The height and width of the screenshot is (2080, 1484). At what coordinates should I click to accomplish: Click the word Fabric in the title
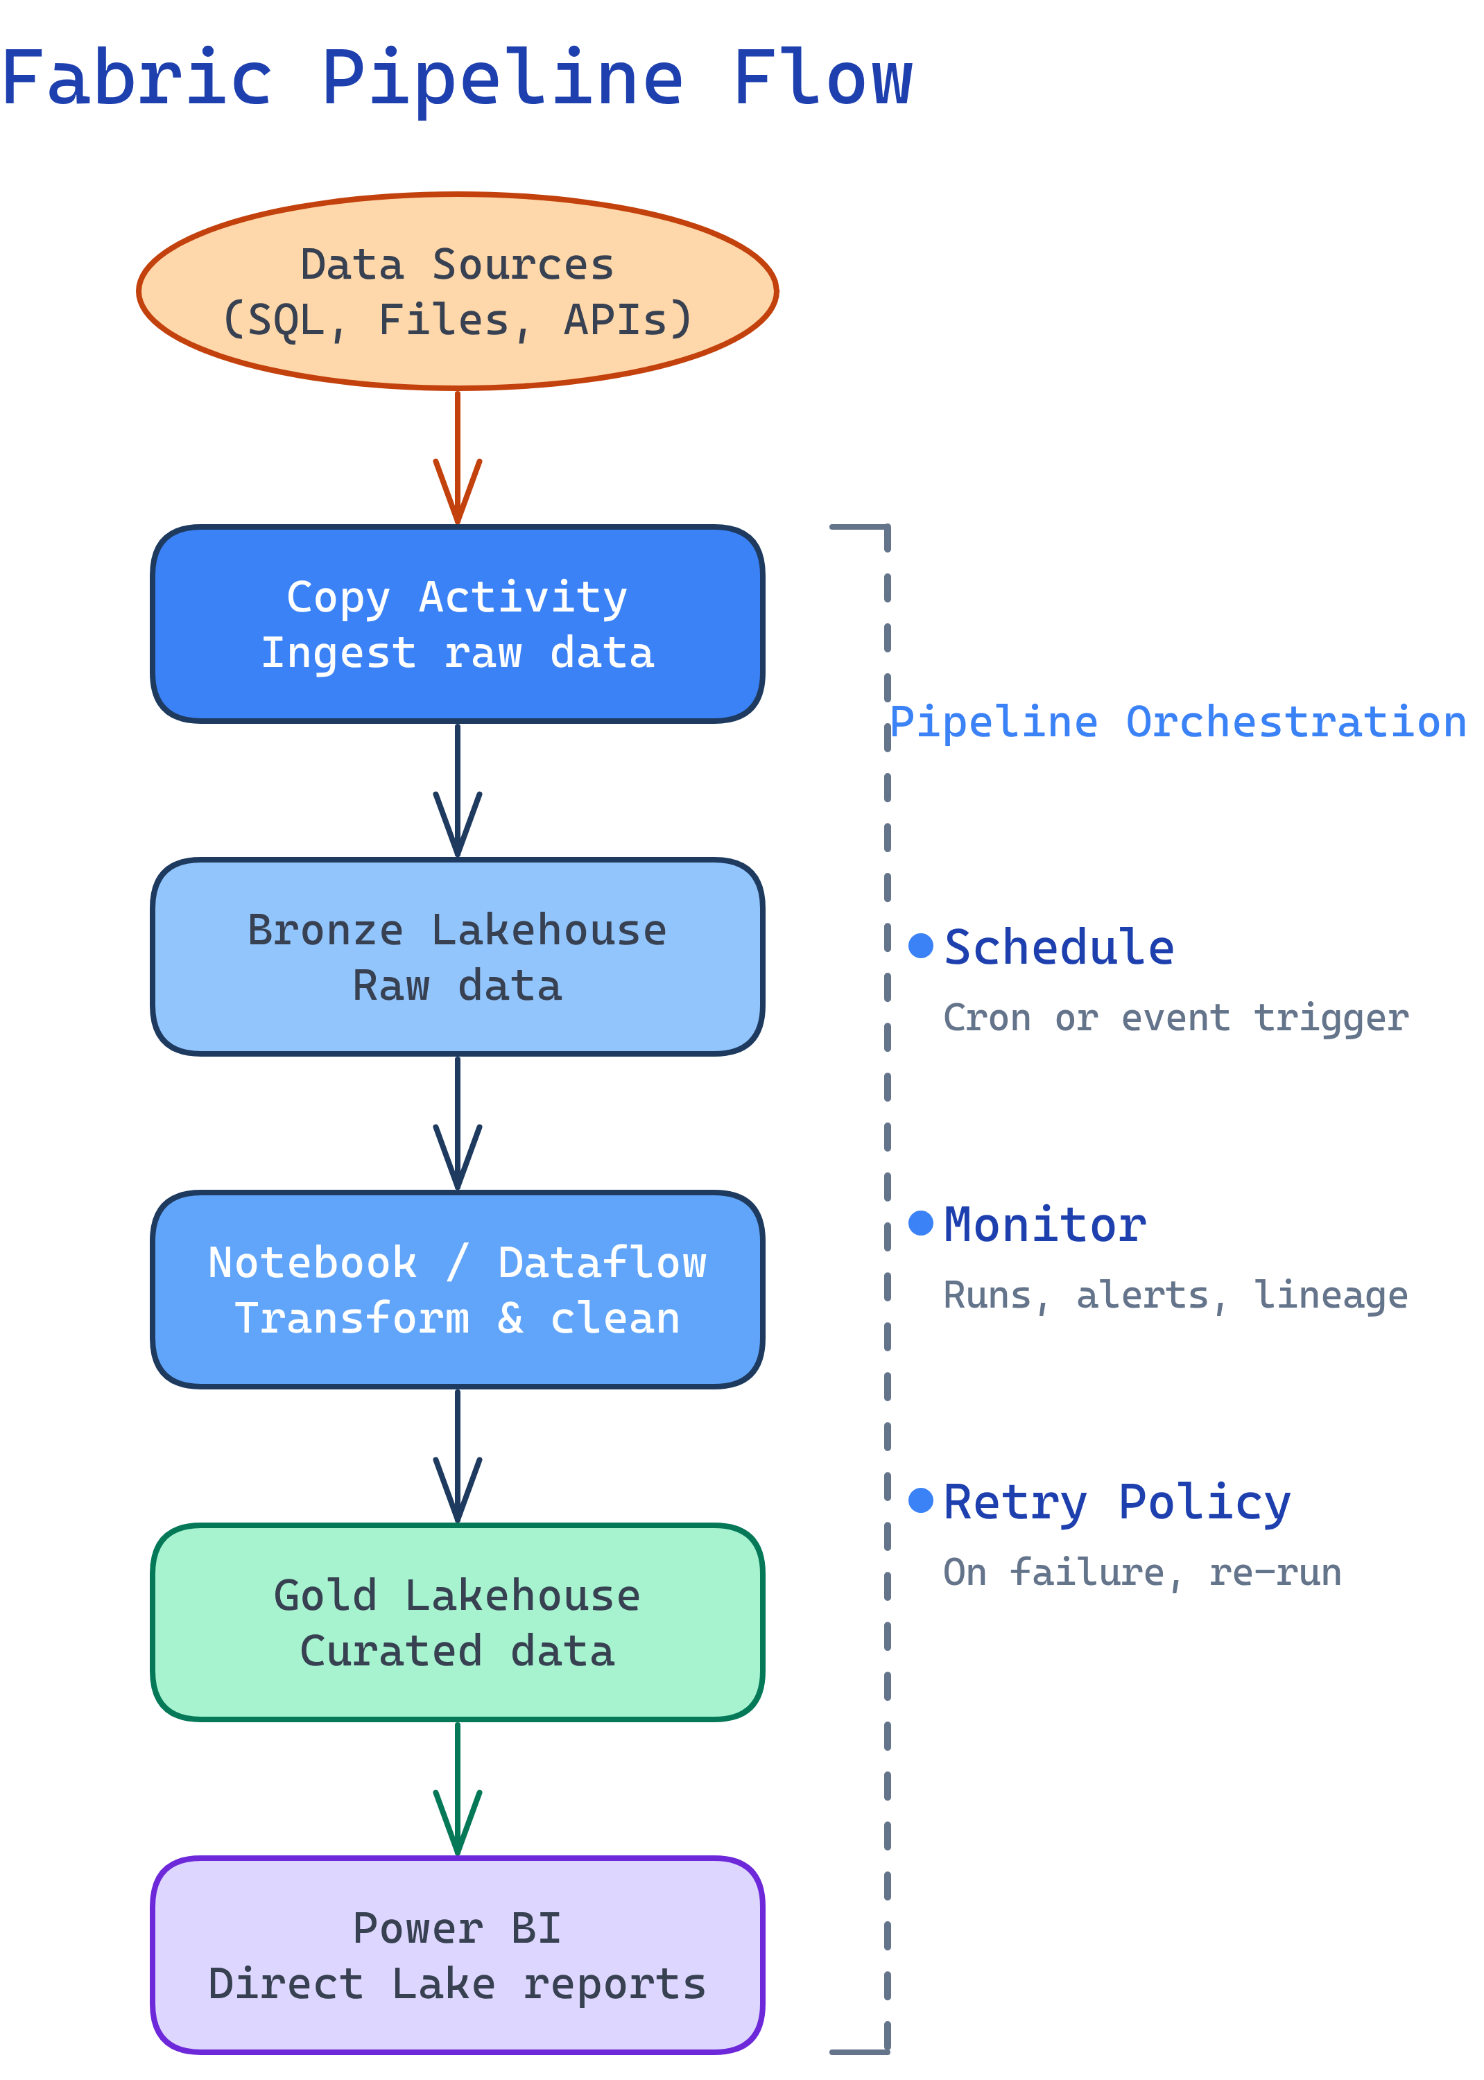pos(137,78)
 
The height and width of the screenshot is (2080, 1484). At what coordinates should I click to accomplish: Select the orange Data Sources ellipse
pos(457,291)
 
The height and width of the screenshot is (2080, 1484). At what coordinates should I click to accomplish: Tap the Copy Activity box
pos(457,624)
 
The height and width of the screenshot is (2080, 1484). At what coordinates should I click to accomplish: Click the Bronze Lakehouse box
pos(457,956)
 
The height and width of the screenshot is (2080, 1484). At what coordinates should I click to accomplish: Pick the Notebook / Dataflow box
pos(457,1289)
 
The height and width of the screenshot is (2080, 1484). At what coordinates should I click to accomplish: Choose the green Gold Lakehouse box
pos(457,1622)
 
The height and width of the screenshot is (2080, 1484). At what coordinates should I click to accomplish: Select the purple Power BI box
pos(457,1955)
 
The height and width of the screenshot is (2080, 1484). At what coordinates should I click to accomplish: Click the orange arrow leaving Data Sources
pos(457,457)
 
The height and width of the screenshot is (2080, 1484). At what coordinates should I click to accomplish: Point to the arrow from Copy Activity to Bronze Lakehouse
pos(457,790)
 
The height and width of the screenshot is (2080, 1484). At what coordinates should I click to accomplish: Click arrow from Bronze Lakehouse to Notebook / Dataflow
pos(457,1123)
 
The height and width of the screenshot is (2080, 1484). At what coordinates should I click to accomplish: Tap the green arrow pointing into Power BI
pos(457,1789)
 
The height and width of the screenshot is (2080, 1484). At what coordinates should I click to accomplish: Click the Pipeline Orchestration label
pos(1177,722)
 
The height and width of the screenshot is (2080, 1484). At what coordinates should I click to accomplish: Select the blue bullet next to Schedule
pos(920,946)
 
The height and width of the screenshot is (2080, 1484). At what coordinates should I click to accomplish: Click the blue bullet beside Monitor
pos(920,1222)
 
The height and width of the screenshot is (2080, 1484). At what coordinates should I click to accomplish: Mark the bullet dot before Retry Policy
pos(920,1499)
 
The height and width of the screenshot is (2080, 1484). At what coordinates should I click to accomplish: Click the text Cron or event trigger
pos(1175,1018)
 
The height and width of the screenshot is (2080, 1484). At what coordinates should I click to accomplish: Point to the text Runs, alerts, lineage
pos(1175,1294)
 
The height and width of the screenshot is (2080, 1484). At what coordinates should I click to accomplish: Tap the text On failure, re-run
pos(1141,1572)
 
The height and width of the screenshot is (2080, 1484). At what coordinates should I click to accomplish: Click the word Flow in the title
pos(822,78)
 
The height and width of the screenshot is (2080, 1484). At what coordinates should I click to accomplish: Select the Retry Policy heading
pos(1116,1502)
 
